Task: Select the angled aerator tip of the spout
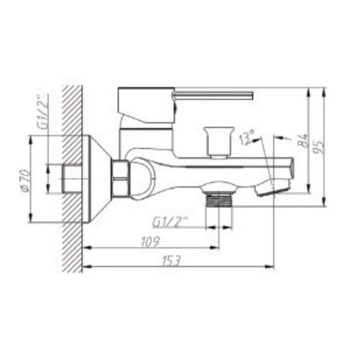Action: tap(276, 187)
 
